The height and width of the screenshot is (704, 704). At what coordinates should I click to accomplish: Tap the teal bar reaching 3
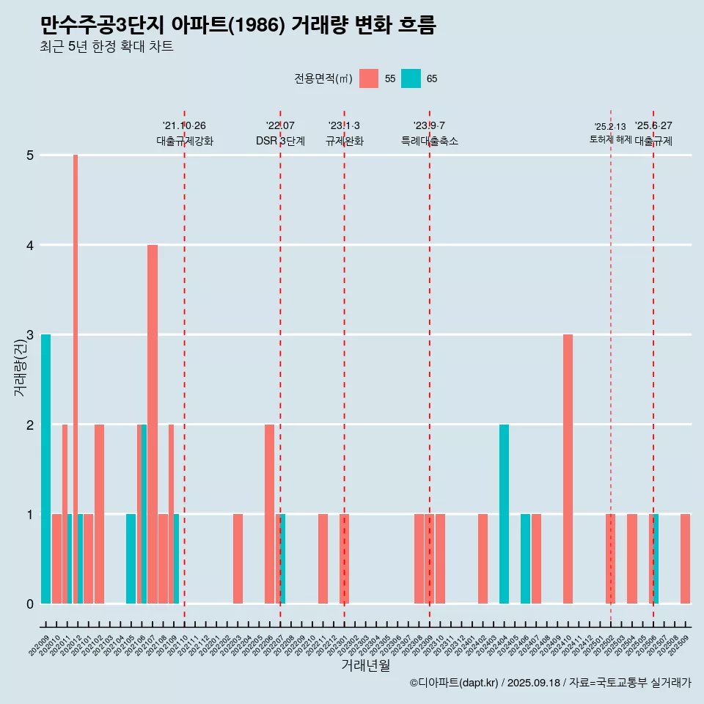(x=45, y=469)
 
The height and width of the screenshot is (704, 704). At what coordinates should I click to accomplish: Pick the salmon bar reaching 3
(x=568, y=469)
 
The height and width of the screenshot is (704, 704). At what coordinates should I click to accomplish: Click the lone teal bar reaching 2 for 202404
(x=504, y=513)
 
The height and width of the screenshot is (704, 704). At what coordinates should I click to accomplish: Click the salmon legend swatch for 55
(x=369, y=78)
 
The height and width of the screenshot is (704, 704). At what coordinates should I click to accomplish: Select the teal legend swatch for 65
(x=411, y=78)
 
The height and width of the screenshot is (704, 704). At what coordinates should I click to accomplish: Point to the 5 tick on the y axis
(x=30, y=155)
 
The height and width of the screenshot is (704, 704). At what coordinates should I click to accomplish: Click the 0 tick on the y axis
(x=30, y=604)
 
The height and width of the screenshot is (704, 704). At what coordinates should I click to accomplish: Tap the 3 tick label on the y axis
(x=30, y=335)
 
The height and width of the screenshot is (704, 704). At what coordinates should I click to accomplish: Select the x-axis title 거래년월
(x=365, y=665)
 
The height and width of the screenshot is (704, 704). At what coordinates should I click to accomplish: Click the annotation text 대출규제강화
(x=185, y=141)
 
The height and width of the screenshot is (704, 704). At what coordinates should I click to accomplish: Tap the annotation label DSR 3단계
(x=280, y=141)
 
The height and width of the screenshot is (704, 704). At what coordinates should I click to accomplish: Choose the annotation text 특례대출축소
(x=430, y=141)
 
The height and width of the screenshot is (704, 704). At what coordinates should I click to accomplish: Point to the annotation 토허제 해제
(x=610, y=139)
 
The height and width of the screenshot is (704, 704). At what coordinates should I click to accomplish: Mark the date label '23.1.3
(x=344, y=125)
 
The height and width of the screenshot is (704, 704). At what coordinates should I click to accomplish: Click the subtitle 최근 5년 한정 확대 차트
(x=106, y=47)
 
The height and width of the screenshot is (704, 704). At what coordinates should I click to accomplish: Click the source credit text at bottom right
(x=550, y=683)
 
